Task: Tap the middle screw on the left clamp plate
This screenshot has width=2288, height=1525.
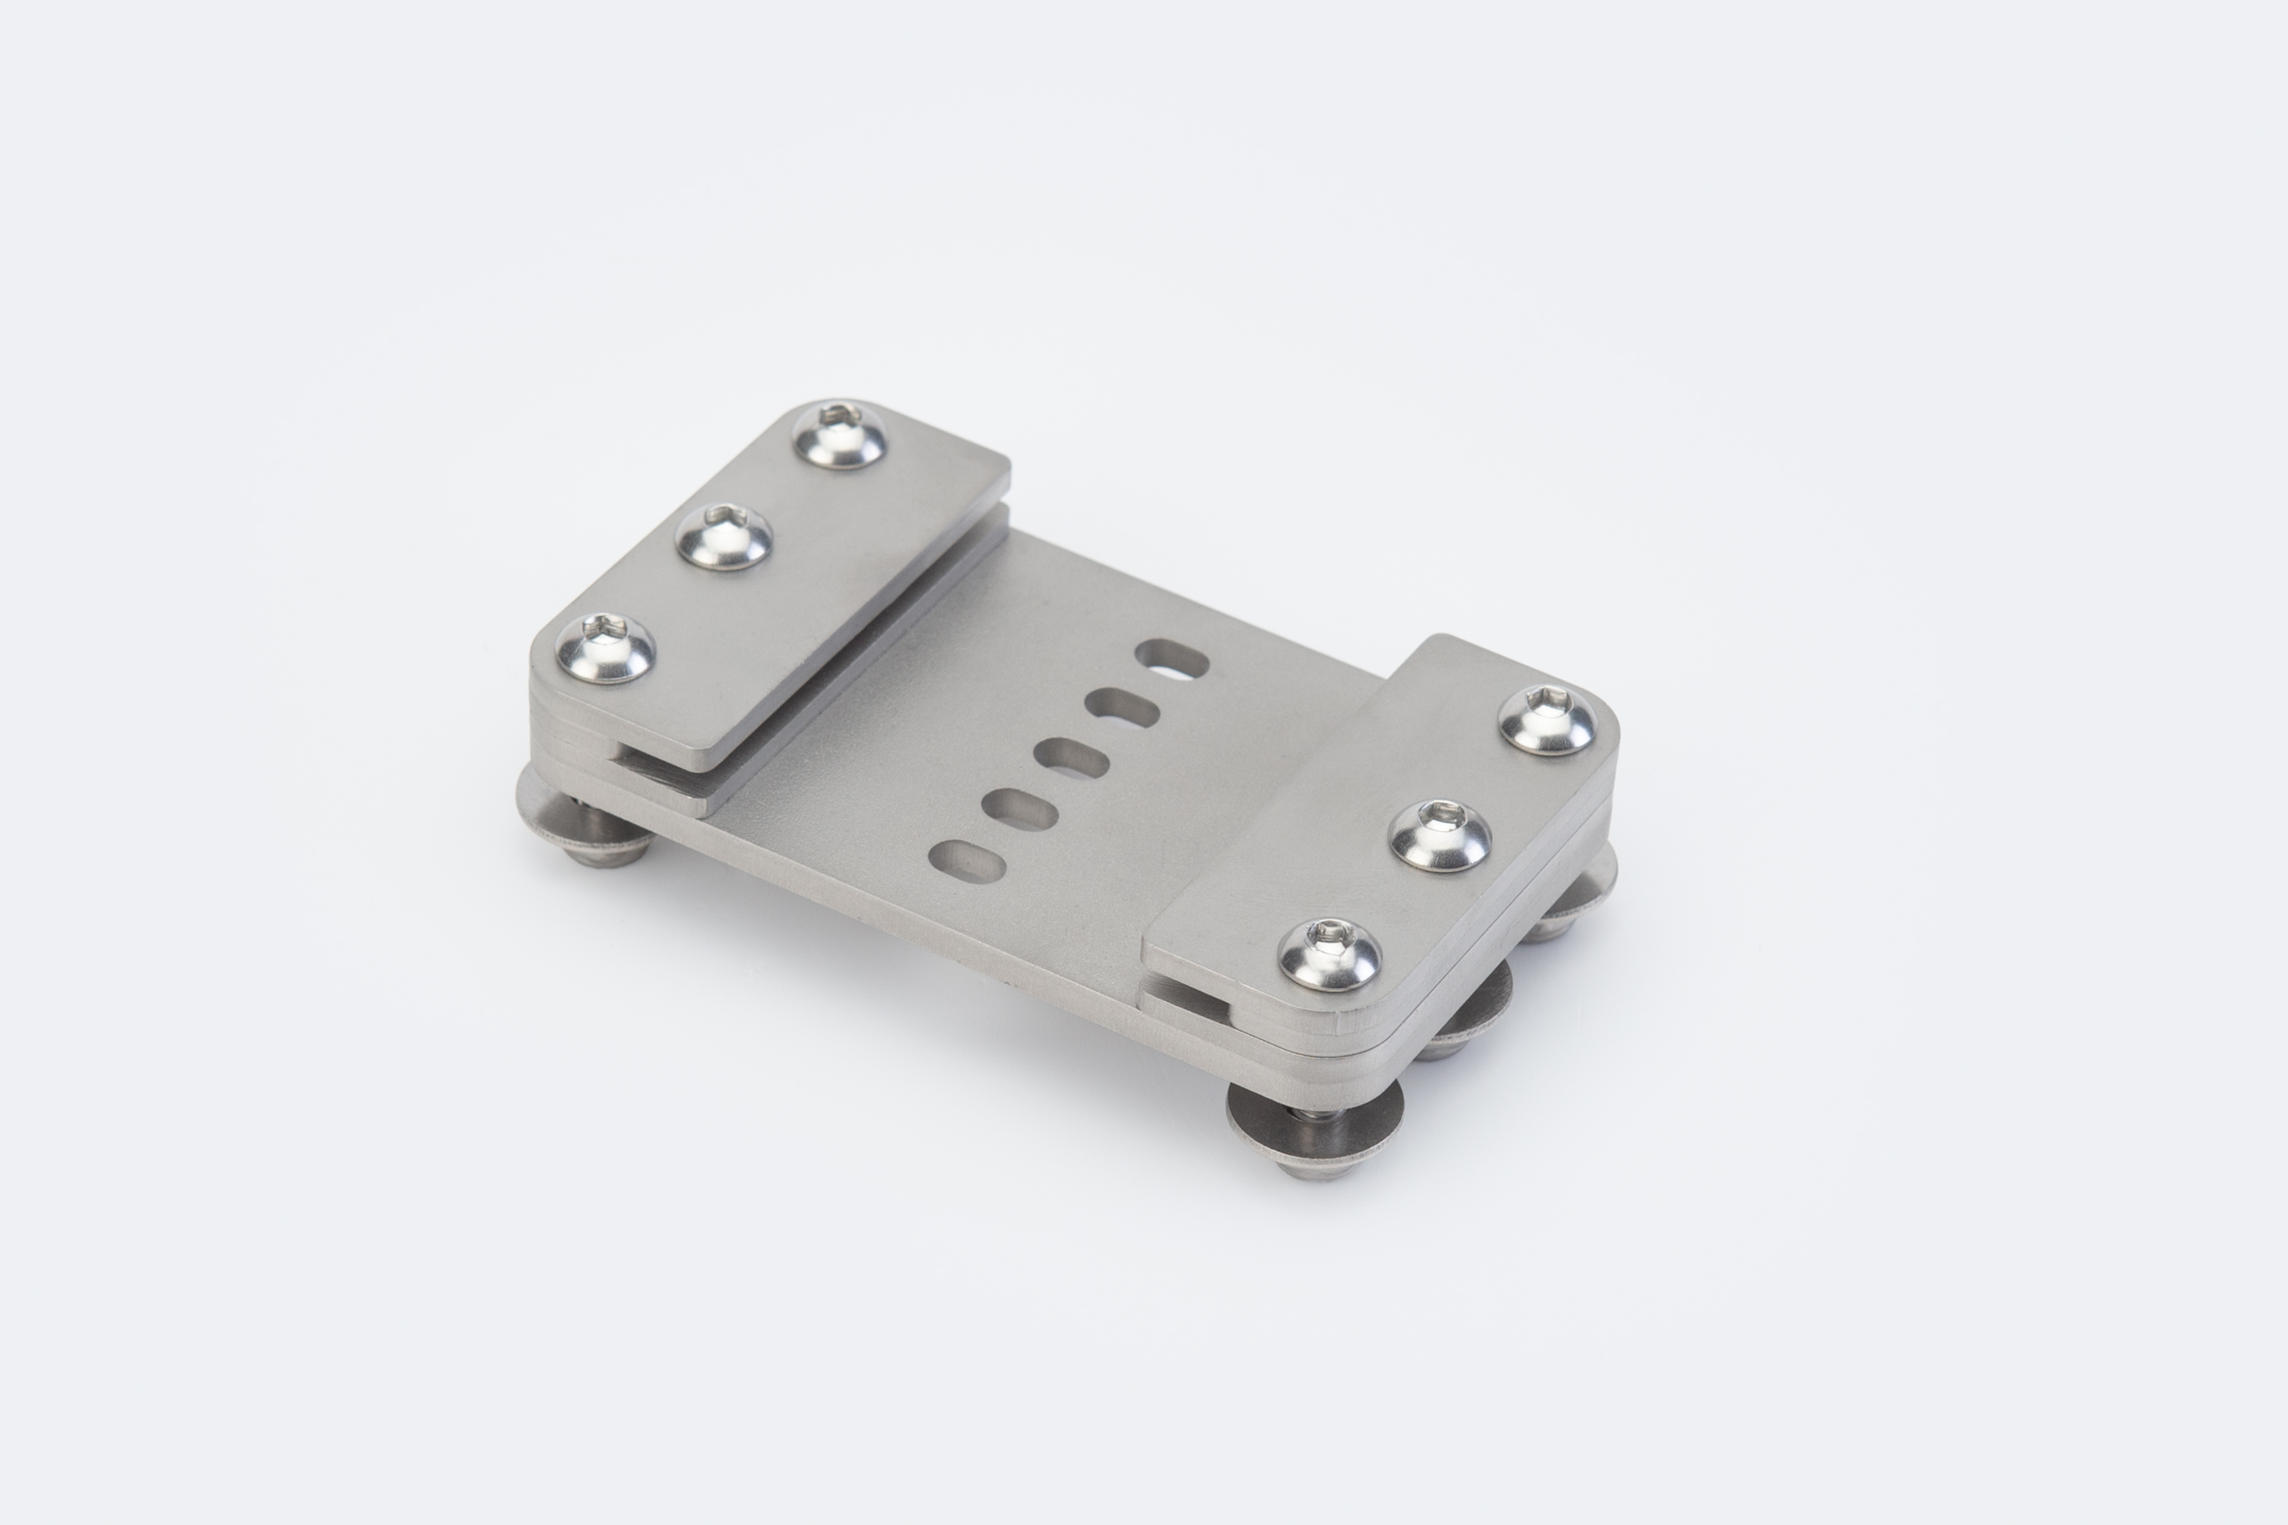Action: pos(724,537)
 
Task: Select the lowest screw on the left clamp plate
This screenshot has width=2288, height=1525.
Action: pos(604,648)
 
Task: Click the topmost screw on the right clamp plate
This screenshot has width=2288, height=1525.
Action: pos(1547,719)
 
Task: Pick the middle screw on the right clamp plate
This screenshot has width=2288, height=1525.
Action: pos(1440,835)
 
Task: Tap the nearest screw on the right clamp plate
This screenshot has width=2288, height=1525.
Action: pos(1329,955)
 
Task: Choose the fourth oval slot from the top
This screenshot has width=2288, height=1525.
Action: pos(1020,809)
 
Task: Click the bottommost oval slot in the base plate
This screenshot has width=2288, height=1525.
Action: pos(967,862)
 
